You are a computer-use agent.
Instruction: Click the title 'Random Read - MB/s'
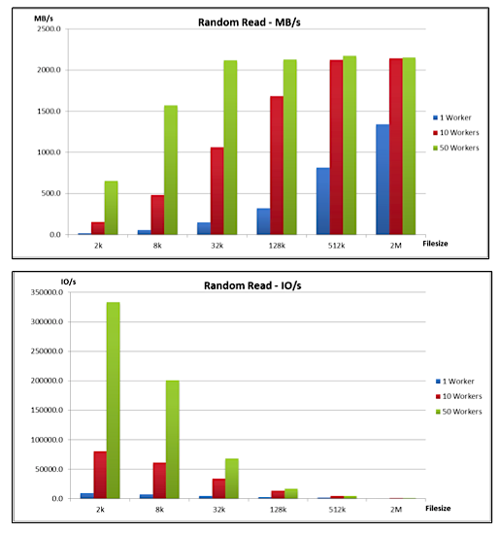point(250,22)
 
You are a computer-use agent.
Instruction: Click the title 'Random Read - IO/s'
point(252,285)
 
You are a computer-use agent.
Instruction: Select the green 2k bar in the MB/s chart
point(111,208)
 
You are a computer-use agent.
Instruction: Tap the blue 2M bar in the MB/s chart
point(383,180)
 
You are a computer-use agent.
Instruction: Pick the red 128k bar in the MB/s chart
point(277,166)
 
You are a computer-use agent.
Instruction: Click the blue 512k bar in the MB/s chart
point(323,201)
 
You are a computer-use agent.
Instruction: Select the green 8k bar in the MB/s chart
point(171,170)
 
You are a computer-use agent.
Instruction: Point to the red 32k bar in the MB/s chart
point(217,191)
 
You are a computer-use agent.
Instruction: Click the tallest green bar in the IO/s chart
point(114,400)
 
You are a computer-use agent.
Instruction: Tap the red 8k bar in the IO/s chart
point(159,481)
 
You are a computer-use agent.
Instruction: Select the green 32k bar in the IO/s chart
point(232,479)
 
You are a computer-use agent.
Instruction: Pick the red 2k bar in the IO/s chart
point(100,475)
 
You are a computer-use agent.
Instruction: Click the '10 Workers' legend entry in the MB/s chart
point(455,133)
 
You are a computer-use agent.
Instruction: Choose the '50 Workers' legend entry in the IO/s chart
point(459,412)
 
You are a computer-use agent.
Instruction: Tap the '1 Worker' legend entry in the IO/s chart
point(454,382)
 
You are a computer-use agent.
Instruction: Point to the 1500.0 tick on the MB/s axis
point(49,111)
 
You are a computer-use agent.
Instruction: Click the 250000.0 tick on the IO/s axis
point(47,351)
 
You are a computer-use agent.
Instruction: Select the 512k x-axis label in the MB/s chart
point(336,246)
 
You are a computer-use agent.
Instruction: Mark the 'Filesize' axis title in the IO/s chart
point(438,508)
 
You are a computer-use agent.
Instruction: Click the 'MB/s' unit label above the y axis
point(44,18)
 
